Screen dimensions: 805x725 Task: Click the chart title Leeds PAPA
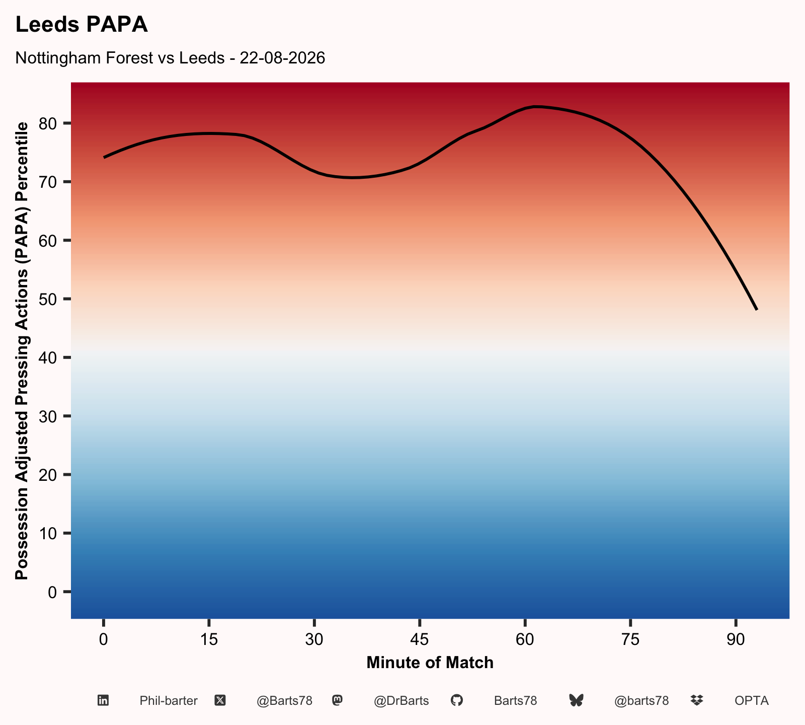click(82, 25)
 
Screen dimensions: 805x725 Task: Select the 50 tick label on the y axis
click(50, 299)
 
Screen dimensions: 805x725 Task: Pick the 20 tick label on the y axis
click(50, 475)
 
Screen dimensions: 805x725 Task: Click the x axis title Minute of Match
click(430, 663)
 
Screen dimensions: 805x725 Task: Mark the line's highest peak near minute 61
click(535, 107)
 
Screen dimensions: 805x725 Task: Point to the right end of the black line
click(756, 309)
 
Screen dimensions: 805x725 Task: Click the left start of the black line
click(104, 157)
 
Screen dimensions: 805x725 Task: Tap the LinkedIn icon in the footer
click(103, 700)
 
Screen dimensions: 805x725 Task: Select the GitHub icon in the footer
click(456, 700)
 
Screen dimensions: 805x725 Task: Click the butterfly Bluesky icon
click(576, 700)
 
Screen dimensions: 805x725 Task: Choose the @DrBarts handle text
click(401, 701)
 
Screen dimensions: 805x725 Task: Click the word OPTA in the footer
click(752, 701)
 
